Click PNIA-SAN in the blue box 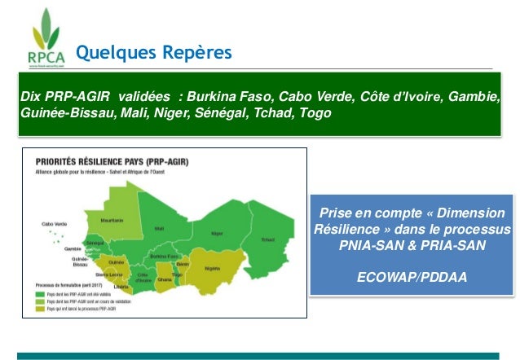(x=368, y=244)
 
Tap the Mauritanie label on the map (x=112, y=220)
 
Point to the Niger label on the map (x=217, y=233)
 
